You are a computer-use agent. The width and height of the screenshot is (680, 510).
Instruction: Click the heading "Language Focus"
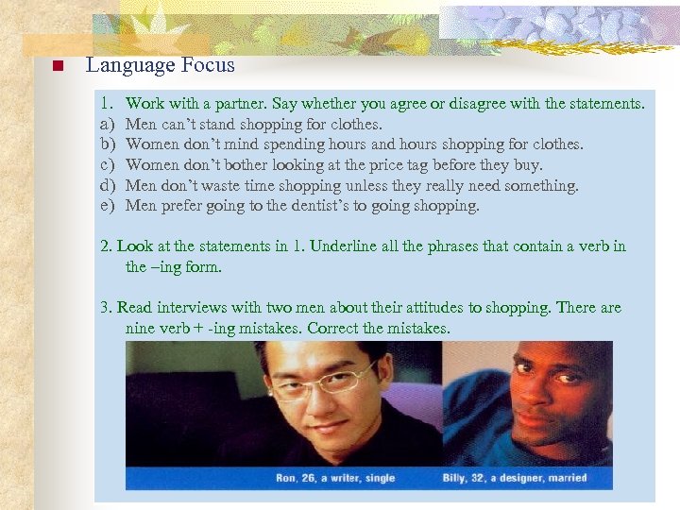click(x=160, y=65)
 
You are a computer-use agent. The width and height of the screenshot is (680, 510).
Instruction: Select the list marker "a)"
click(x=108, y=124)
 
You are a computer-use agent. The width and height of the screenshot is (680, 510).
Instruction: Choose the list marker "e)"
click(x=108, y=206)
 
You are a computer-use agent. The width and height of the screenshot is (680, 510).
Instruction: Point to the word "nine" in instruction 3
click(x=142, y=329)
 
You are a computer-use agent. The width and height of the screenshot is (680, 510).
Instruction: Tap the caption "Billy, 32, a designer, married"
click(x=516, y=478)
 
